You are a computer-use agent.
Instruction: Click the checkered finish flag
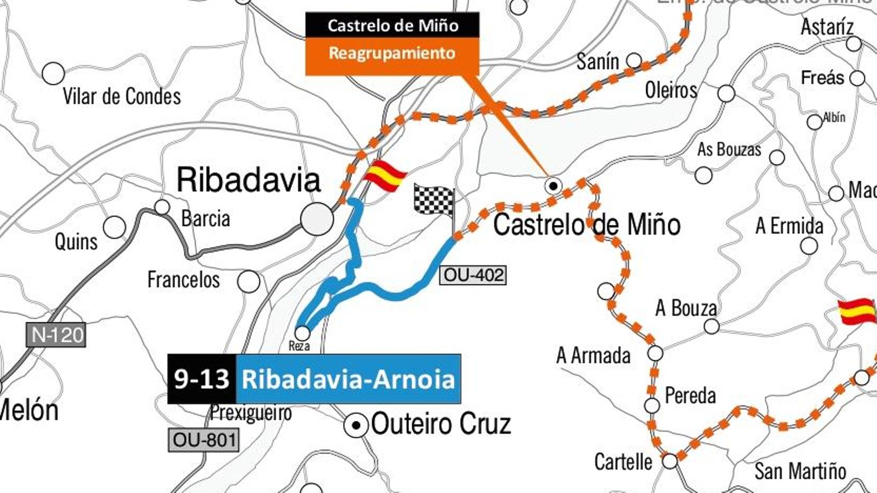[x=434, y=200]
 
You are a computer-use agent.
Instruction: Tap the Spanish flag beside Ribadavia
[x=385, y=176]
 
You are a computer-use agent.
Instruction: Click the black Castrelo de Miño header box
[x=392, y=25]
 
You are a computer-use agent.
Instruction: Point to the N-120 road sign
[x=56, y=334]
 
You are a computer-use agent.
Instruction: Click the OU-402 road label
[x=473, y=275]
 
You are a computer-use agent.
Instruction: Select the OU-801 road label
[x=204, y=440]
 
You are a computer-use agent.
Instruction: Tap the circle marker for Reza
[x=303, y=333]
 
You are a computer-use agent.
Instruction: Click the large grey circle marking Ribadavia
[x=317, y=219]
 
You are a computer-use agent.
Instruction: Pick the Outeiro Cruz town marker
[x=357, y=425]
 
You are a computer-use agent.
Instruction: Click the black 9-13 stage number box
[x=202, y=379]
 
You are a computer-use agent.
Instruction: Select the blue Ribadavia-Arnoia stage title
[x=349, y=379]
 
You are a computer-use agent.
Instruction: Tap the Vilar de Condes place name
[x=122, y=96]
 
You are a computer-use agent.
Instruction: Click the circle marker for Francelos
[x=249, y=282]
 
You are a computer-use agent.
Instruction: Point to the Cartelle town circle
[x=670, y=461]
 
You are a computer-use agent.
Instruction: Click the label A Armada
[x=593, y=356]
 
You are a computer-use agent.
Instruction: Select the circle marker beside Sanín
[x=634, y=60]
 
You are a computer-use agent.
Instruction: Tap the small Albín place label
[x=834, y=117]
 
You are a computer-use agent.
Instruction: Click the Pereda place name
[x=690, y=395]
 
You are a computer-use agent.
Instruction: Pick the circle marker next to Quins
[x=114, y=227]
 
